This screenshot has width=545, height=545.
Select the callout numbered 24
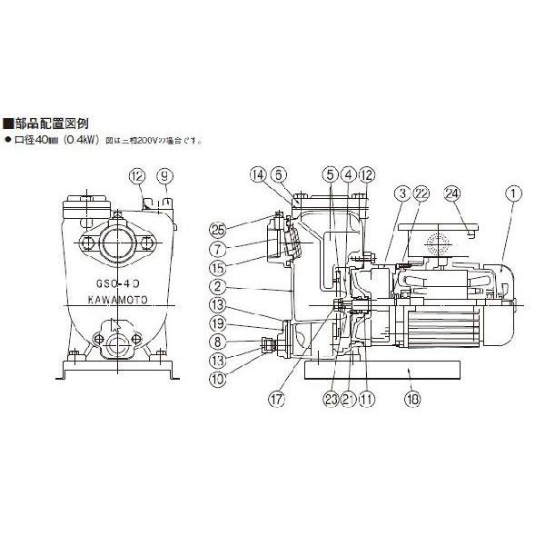click(452, 193)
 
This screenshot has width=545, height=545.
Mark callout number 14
click(257, 173)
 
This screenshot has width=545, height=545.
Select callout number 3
click(400, 193)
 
